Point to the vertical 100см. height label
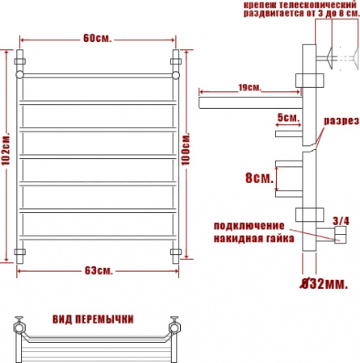(186, 153)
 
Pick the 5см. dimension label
(287, 118)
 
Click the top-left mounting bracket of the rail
(21, 60)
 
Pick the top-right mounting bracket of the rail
(177, 60)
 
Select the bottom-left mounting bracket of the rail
(21, 253)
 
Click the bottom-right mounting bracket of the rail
(176, 253)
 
